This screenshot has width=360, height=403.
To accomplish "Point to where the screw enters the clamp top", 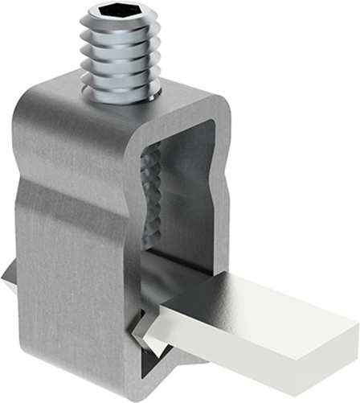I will (121, 98).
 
